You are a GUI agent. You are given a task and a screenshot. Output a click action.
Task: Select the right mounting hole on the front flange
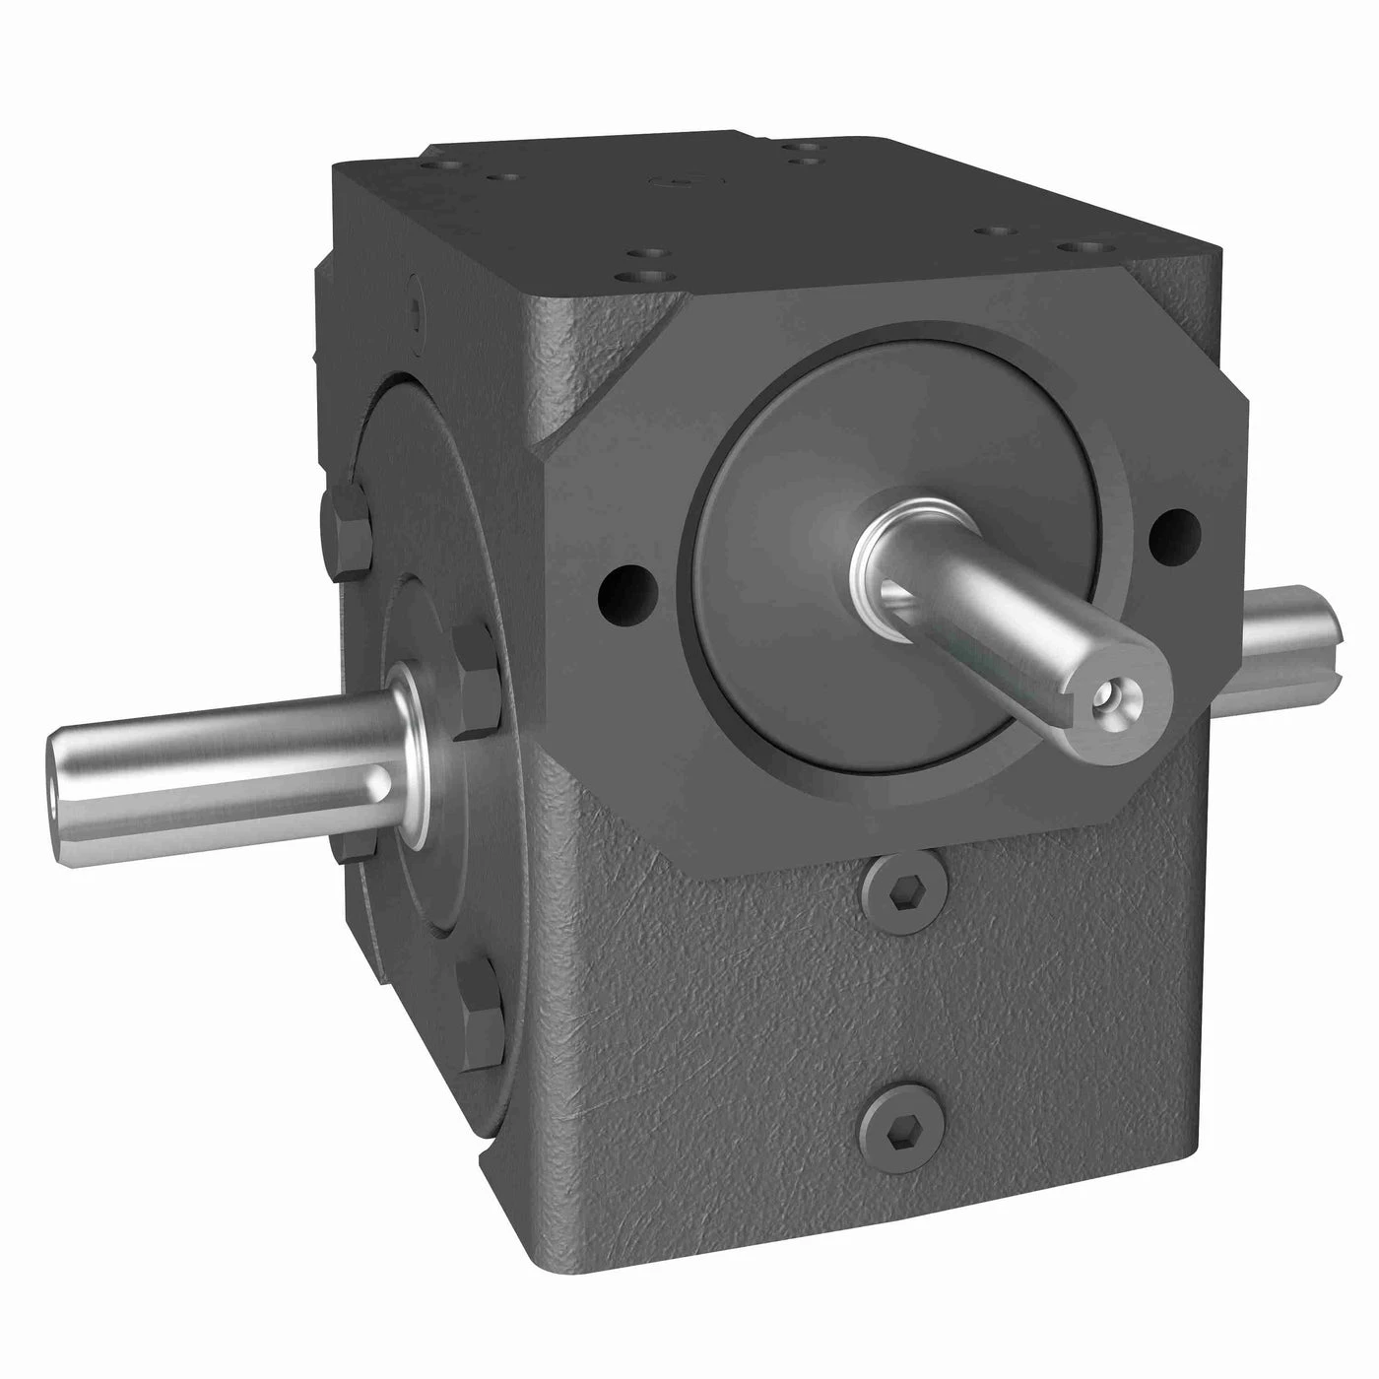[1175, 533]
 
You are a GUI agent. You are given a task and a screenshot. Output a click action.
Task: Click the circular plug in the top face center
[678, 182]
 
